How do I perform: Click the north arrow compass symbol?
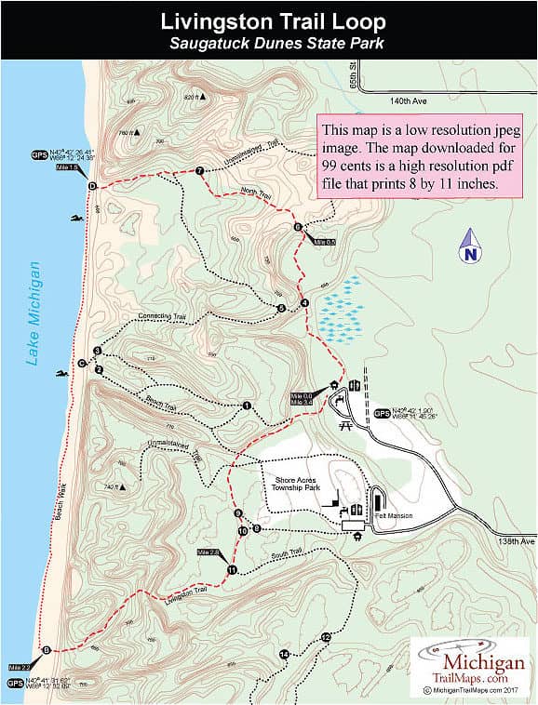[469, 246]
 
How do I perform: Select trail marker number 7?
[199, 170]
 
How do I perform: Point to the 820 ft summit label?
[194, 97]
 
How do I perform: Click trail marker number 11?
[232, 569]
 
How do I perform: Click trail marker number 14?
[284, 655]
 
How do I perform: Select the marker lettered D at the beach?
[91, 186]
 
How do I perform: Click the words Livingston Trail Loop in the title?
[270, 20]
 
